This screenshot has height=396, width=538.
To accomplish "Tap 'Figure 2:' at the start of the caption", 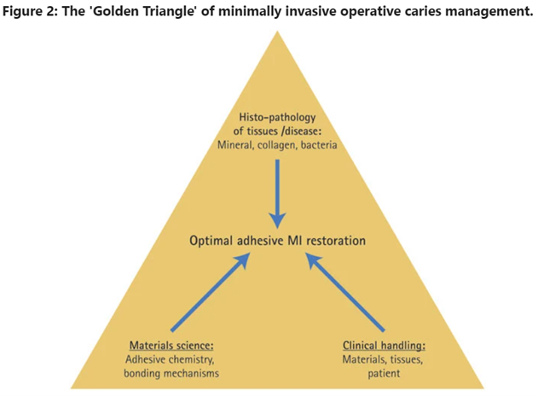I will coord(32,11).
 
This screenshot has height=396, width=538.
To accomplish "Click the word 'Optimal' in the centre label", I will coord(211,241).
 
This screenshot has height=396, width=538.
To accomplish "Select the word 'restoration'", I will coord(334,241).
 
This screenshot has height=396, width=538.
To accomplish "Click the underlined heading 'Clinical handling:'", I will coord(385,346).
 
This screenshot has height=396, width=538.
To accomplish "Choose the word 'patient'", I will coord(385,373).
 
